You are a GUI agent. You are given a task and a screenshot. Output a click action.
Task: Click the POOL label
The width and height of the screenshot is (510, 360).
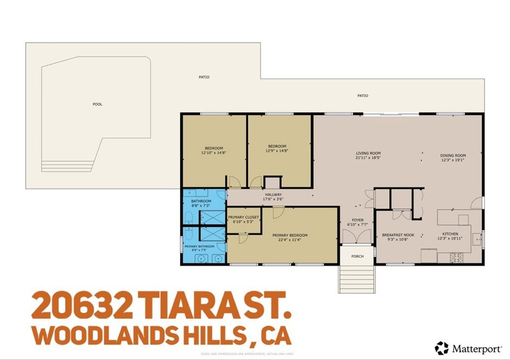click(97, 104)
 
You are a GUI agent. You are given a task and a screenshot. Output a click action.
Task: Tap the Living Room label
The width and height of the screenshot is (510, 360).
click(368, 153)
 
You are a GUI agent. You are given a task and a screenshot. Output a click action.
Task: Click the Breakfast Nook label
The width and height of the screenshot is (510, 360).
click(398, 235)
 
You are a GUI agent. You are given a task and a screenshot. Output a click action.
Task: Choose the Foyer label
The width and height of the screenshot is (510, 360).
click(358, 220)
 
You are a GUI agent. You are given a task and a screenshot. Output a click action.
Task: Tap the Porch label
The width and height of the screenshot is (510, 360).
click(357, 256)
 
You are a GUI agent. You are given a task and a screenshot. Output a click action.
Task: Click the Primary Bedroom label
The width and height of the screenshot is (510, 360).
click(289, 235)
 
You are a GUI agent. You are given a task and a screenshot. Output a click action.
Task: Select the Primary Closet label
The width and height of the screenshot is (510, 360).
click(244, 217)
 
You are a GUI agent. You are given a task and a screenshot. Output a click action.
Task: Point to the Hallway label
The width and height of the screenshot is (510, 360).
click(273, 195)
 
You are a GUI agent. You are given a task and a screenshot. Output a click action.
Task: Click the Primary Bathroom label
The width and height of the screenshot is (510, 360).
click(199, 246)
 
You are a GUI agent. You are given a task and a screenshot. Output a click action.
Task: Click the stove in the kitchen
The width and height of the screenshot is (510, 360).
click(457, 257)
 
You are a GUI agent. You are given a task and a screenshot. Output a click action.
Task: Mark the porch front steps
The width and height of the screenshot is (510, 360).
click(357, 279)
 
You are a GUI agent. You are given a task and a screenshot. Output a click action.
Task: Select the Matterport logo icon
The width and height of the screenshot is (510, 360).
click(441, 348)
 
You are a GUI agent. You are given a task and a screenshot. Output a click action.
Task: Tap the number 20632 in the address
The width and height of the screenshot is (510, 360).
click(82, 305)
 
